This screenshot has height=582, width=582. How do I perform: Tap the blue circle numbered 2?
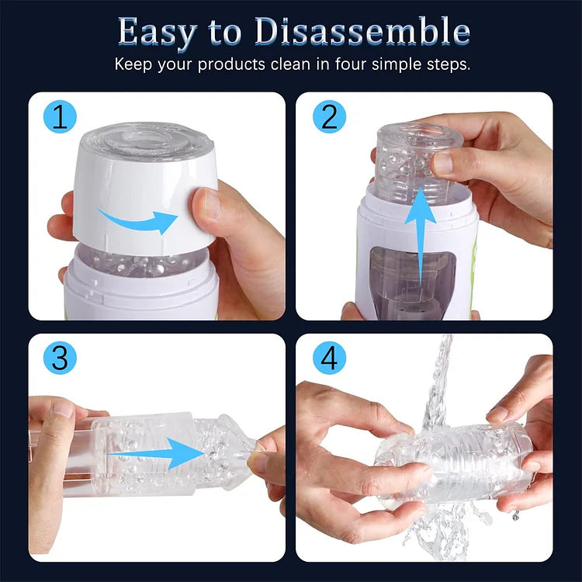(329, 117)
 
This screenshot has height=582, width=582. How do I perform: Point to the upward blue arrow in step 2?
(419, 241)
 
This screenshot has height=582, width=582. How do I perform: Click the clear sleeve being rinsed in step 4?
(454, 462)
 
